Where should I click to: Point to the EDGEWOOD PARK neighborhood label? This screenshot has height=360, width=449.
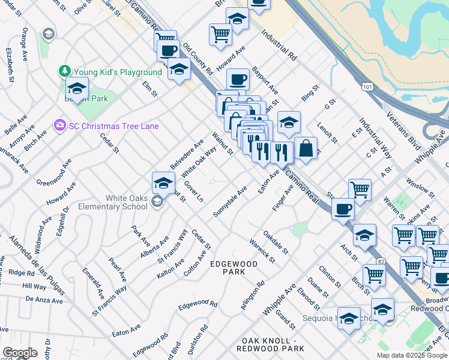tap(234, 268)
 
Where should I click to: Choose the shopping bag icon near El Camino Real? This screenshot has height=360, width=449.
tap(306, 148)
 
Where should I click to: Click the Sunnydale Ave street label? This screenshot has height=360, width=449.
tap(230, 202)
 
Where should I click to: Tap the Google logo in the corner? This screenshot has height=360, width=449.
tap(19, 353)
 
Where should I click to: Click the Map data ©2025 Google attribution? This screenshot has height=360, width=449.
tap(412, 355)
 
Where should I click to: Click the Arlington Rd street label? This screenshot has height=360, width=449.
tap(252, 295)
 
